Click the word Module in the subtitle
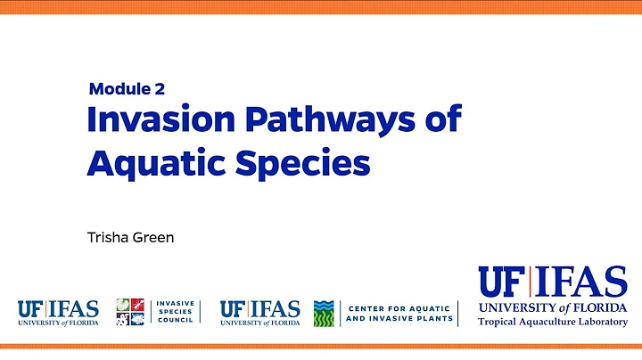(119, 88)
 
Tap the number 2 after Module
(159, 88)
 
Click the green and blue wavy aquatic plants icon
(324, 312)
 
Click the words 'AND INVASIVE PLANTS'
(399, 318)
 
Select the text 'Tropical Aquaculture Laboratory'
(553, 322)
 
